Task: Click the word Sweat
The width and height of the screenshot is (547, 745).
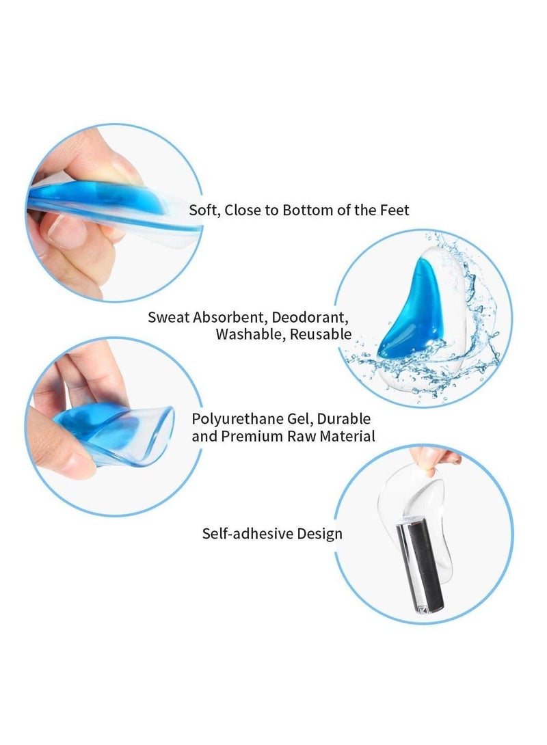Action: coord(168,317)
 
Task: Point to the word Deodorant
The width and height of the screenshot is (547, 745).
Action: coord(315,317)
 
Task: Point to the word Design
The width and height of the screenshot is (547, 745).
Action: coord(319,534)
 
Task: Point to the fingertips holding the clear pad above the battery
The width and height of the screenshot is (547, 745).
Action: coord(438,457)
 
